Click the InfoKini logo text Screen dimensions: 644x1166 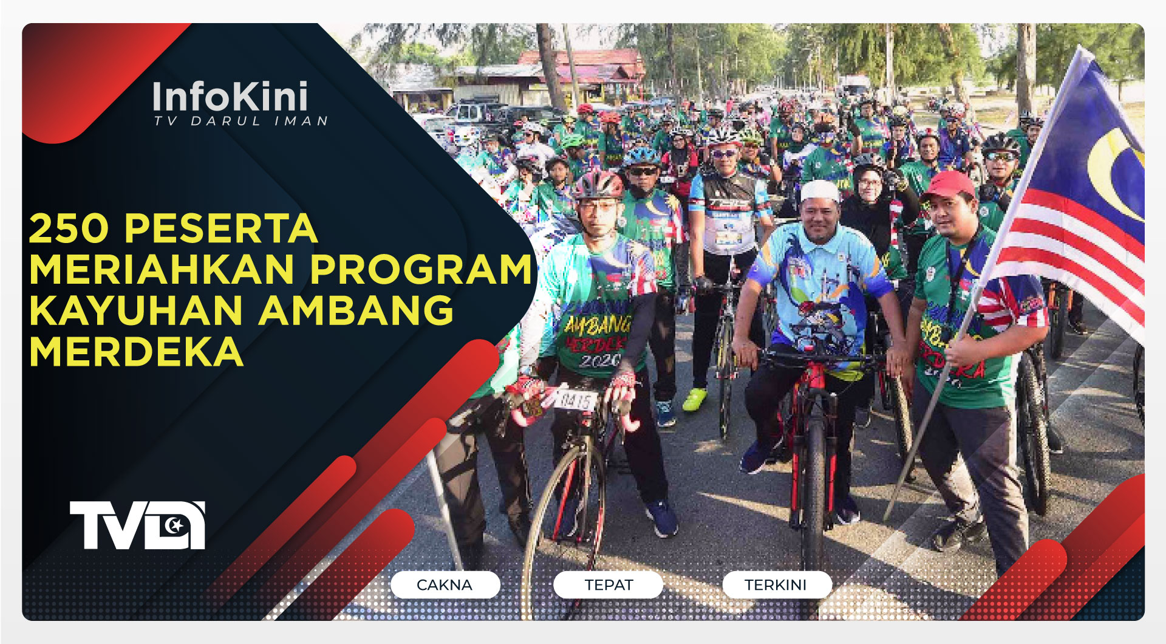230,97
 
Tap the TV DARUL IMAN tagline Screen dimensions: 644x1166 240,121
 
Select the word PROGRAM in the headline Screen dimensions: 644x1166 421,269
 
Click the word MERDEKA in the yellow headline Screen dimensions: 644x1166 136,351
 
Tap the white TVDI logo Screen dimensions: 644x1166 137,526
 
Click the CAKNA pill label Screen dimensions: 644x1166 445,584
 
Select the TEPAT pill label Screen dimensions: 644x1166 609,584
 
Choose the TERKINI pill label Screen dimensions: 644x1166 776,584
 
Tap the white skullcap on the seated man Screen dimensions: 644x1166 819,191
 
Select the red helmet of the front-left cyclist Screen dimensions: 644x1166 598,183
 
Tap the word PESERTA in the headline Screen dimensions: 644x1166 221,228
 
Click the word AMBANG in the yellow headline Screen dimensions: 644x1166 356,310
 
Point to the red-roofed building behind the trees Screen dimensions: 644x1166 583,67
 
